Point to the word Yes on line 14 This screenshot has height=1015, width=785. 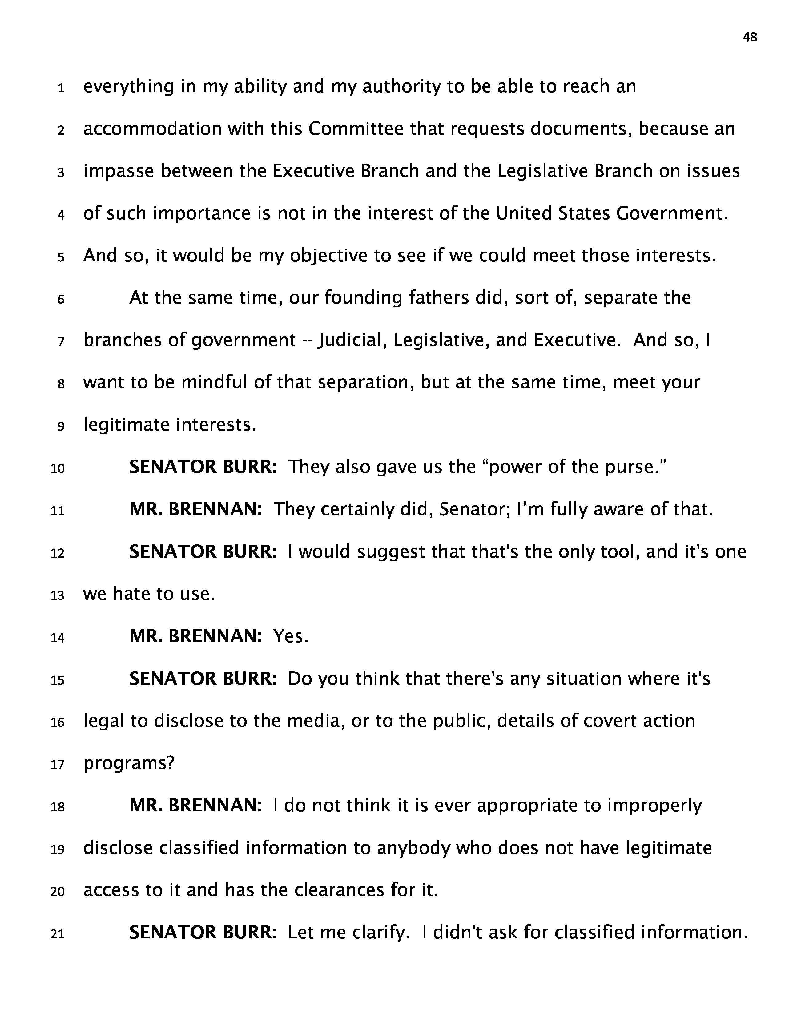(x=290, y=636)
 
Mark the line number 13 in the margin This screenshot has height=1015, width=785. (x=57, y=595)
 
